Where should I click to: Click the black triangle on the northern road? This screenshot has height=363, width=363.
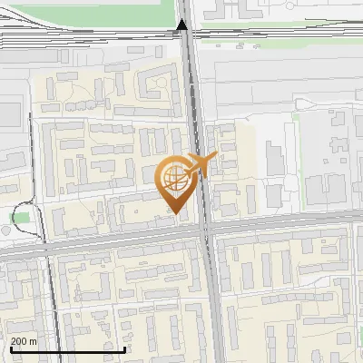[x=182, y=26]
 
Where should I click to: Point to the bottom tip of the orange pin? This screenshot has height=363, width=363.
[x=172, y=212]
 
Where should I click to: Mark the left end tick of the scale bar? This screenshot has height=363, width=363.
[x=10, y=348]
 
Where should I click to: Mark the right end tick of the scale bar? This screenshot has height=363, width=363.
[x=125, y=348]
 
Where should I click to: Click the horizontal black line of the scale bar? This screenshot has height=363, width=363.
[x=68, y=349]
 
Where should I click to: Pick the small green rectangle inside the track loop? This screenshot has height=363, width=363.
[x=20, y=218]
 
